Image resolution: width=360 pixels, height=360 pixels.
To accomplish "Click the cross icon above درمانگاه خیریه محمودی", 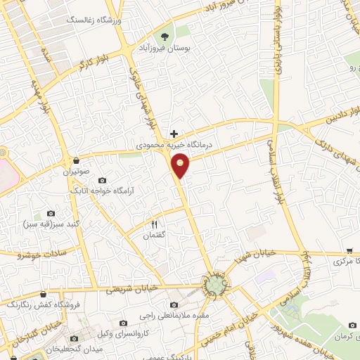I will click(174, 134).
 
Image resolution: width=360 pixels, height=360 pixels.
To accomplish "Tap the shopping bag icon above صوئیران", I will click(75, 161).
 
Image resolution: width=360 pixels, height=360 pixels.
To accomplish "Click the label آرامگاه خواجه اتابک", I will click(99, 191).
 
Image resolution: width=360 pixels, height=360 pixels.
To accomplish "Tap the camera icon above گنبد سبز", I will click(51, 213).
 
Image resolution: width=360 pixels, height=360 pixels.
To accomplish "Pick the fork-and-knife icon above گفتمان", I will click(153, 224).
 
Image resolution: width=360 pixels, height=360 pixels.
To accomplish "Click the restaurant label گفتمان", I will click(153, 235).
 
